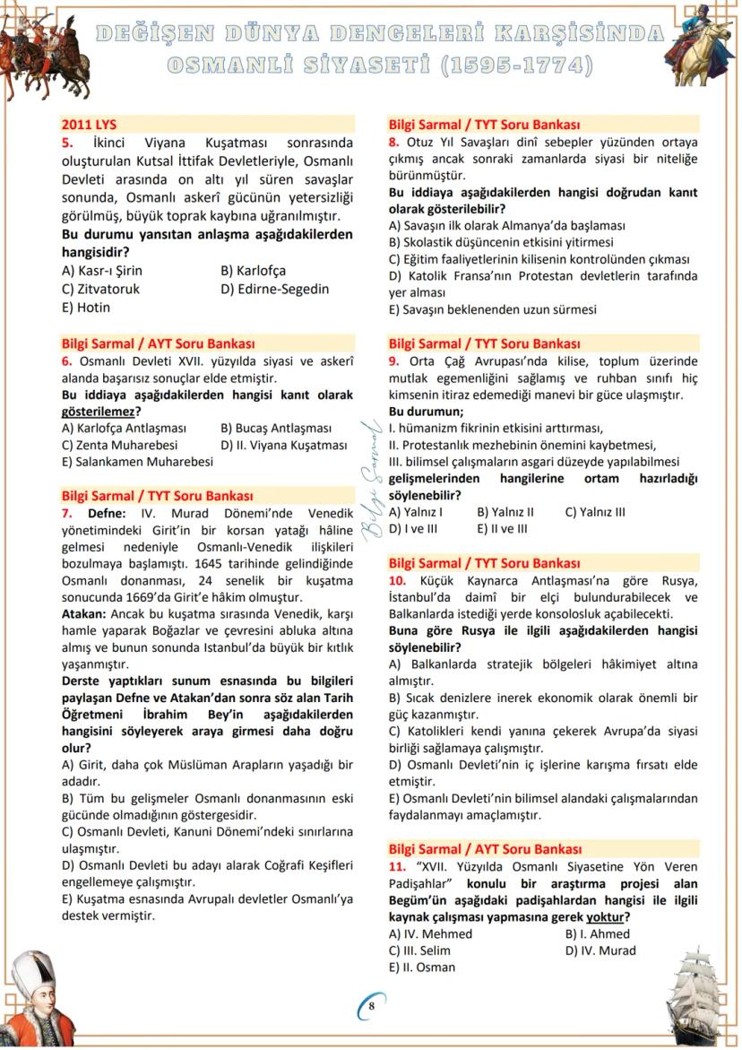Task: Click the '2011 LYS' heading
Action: [89, 125]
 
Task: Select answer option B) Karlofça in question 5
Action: [253, 270]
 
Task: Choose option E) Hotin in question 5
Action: [86, 308]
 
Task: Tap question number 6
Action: [67, 360]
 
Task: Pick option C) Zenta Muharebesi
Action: [119, 445]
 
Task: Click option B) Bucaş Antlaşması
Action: [275, 428]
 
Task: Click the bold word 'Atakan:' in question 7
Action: [84, 615]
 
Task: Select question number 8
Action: [393, 142]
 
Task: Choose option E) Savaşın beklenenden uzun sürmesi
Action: [492, 309]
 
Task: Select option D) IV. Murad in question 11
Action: [600, 950]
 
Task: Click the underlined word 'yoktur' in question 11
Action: [605, 917]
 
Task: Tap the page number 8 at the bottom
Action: [370, 1006]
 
